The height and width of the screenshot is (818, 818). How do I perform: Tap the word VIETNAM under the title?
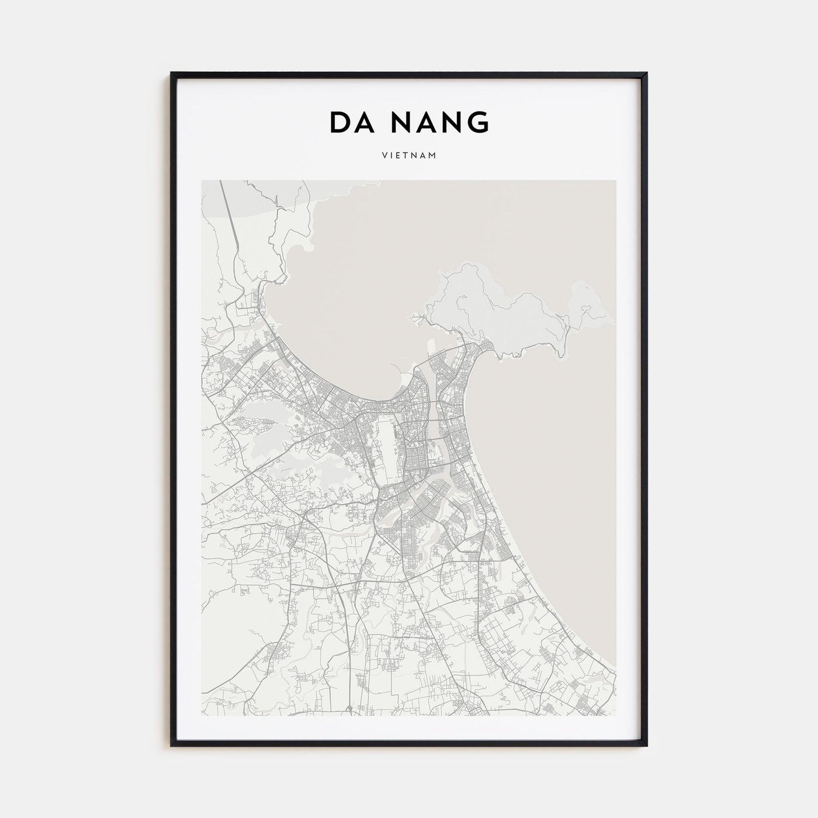point(409,156)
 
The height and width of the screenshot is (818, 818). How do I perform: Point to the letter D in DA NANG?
point(339,122)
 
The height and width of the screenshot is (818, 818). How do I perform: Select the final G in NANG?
point(478,122)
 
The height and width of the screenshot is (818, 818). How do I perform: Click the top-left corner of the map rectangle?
point(202,181)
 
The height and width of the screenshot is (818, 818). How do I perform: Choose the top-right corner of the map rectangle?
point(616,181)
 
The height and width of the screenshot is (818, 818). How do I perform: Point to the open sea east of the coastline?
point(561,467)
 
